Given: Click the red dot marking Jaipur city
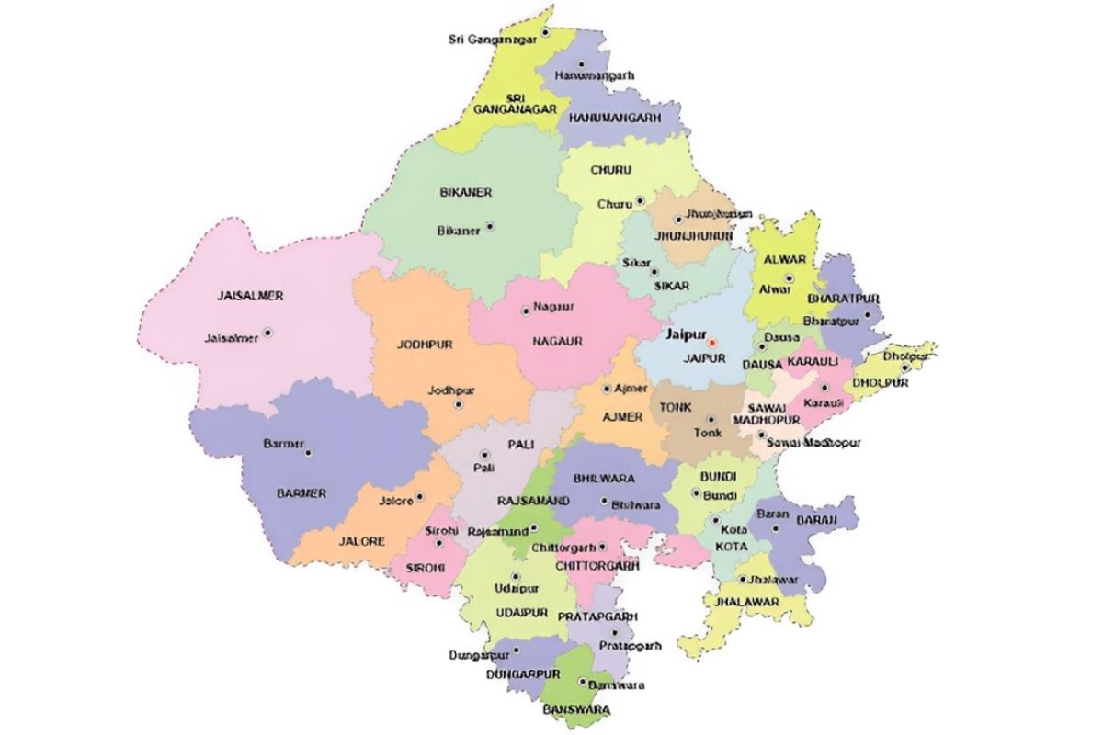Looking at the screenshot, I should (x=711, y=343).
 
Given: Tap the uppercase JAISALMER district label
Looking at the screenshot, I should (x=250, y=296).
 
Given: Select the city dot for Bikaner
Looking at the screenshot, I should (x=490, y=226).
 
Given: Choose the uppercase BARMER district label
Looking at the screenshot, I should (x=301, y=493).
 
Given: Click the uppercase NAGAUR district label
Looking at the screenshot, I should (x=557, y=341).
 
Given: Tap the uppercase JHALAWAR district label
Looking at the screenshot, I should (x=743, y=602).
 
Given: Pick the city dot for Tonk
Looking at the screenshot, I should (x=710, y=419).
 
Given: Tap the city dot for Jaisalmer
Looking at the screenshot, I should (x=267, y=333).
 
